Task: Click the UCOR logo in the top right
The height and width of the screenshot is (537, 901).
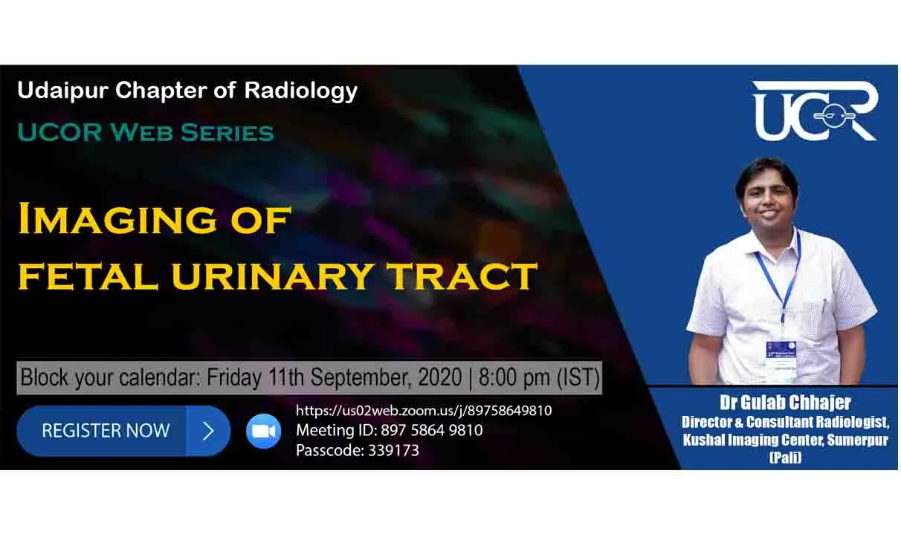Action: click(816, 111)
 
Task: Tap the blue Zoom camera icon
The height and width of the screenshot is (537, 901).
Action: click(263, 431)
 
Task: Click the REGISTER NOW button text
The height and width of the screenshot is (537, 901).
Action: click(106, 431)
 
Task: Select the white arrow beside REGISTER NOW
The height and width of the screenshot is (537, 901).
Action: click(208, 431)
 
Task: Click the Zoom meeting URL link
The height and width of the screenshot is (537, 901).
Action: click(424, 411)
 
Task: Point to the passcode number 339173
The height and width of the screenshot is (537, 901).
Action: click(393, 450)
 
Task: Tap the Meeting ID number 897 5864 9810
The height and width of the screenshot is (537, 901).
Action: click(432, 430)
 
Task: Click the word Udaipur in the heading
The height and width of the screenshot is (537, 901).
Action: click(63, 91)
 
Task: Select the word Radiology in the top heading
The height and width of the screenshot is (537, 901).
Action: click(301, 91)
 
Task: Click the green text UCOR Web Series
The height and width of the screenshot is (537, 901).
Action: click(146, 133)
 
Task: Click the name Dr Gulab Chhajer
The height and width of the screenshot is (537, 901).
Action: click(785, 403)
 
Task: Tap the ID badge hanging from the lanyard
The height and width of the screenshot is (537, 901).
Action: click(781, 360)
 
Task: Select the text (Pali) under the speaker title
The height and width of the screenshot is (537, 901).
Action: click(785, 458)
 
